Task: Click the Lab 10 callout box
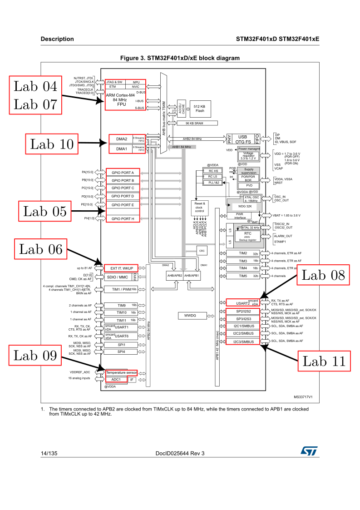tap(51, 144)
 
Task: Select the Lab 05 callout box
tap(44, 211)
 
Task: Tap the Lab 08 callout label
tap(323, 275)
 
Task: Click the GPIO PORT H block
tap(123, 219)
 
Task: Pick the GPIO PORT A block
tap(123, 173)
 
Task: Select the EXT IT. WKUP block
tap(121, 268)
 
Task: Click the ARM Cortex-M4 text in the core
tap(120, 95)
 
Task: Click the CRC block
tap(202, 250)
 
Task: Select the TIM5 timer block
tap(243, 276)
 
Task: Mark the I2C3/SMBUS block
tap(243, 342)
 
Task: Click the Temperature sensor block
tap(121, 372)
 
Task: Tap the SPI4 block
tap(121, 352)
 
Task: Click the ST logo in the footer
tap(309, 451)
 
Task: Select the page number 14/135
tap(49, 453)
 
